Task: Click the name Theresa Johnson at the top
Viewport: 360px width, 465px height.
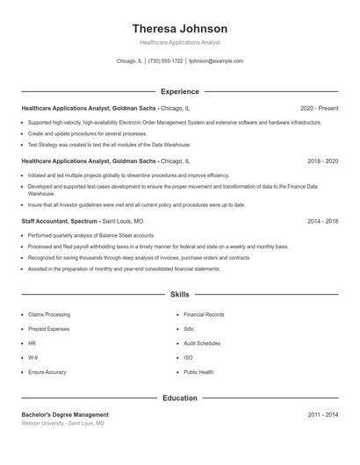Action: tap(179, 28)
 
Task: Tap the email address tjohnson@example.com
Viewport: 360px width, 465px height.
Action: tap(216, 61)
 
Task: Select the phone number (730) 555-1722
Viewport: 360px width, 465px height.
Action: tap(165, 61)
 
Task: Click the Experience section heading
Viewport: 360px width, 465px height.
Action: tap(179, 91)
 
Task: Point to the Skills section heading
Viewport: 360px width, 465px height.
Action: tap(179, 295)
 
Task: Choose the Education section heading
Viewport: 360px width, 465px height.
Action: tap(179, 398)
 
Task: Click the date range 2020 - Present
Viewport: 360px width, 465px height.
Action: tap(319, 108)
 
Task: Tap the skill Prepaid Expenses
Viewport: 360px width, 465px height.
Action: tap(49, 329)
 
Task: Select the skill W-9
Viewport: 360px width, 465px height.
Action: tap(32, 358)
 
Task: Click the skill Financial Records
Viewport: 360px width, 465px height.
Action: tap(204, 314)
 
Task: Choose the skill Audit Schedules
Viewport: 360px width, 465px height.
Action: tap(202, 343)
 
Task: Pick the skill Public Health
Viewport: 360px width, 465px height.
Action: tap(198, 372)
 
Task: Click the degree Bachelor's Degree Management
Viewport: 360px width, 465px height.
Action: tap(65, 414)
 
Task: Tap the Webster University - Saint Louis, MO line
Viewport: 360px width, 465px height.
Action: tap(62, 424)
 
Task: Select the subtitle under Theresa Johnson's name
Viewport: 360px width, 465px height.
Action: tap(179, 42)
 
